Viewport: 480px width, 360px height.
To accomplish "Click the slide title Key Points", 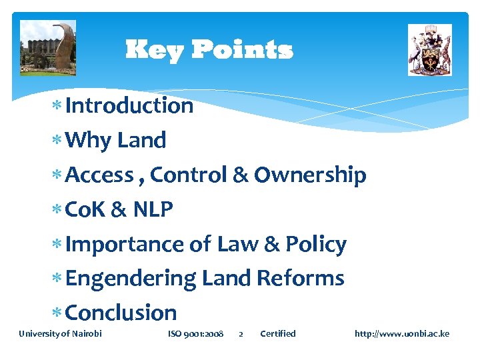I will click(x=209, y=50).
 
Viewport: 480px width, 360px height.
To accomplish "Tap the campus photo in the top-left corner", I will click(x=48, y=48).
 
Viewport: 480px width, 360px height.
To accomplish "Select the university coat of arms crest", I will click(x=429, y=50).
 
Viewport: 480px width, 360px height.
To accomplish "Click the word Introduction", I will click(x=129, y=105).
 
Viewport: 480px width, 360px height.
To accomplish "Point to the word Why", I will click(x=89, y=140).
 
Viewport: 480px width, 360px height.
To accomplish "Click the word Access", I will click(x=100, y=175).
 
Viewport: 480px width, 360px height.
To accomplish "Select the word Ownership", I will click(x=310, y=175).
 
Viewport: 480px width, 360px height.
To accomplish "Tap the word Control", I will click(x=188, y=175).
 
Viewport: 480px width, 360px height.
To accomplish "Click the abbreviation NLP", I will click(x=153, y=209).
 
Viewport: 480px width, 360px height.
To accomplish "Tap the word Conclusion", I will click(x=121, y=313).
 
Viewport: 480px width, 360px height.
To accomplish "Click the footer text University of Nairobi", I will click(x=60, y=333).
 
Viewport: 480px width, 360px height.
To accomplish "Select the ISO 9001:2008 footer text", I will click(x=195, y=333).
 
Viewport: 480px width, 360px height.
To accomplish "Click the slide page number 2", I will click(x=241, y=334).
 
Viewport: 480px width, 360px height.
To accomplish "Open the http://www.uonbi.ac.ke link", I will click(x=402, y=333).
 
